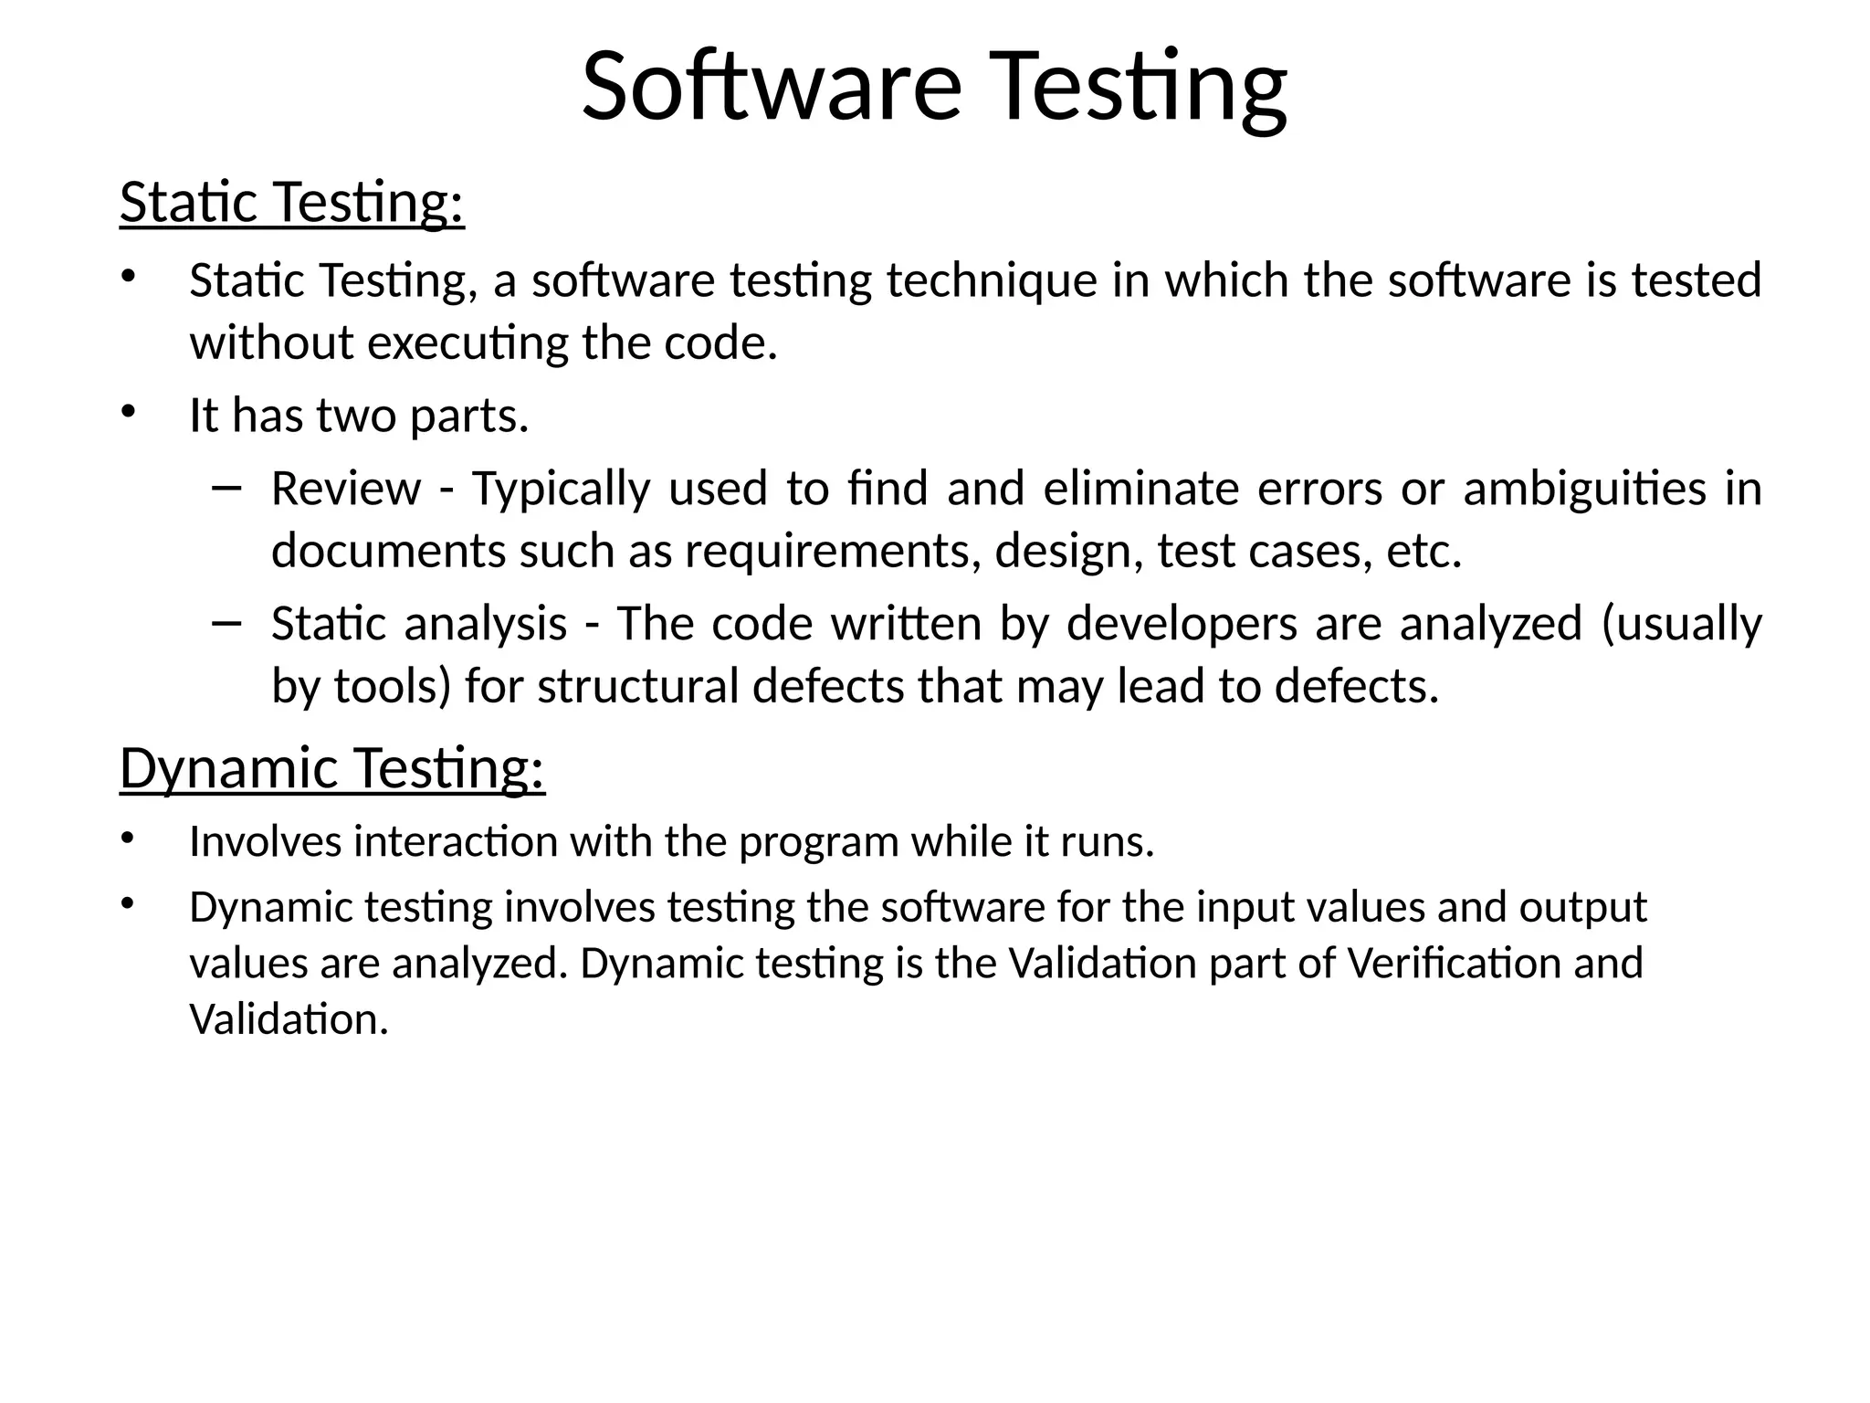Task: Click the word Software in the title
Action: click(772, 87)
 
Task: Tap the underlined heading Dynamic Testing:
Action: click(332, 768)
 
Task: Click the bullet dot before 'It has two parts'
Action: click(127, 412)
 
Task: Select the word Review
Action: click(346, 489)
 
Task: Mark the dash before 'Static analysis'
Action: click(225, 623)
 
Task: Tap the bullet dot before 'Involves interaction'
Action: click(127, 838)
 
